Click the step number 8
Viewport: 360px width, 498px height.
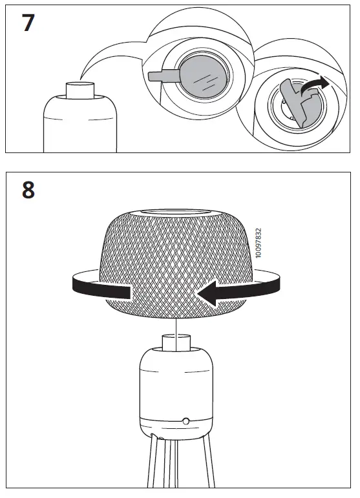click(28, 192)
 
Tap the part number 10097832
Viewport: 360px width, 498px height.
click(259, 243)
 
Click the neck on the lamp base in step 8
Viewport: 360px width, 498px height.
click(176, 343)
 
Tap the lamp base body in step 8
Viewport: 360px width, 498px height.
click(175, 388)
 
